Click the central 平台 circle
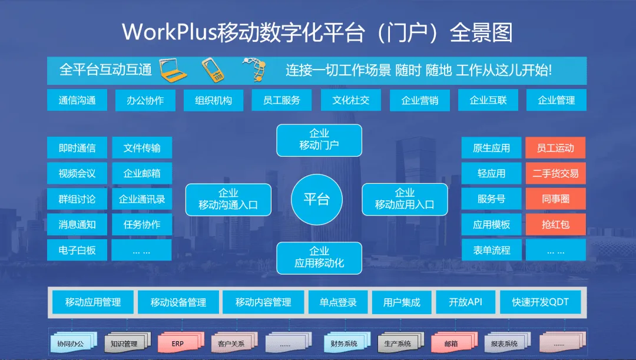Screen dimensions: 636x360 316,199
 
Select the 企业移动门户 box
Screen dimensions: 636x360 319,140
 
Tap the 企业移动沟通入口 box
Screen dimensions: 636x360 228,199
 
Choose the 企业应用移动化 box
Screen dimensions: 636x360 319,258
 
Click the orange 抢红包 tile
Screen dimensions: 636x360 556,224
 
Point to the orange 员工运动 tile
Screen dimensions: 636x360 556,148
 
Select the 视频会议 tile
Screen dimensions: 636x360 77,173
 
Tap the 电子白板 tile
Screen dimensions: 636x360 77,250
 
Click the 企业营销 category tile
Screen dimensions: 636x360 420,100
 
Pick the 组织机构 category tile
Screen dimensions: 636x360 213,100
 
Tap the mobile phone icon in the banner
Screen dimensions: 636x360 213,70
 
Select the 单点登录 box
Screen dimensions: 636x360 338,302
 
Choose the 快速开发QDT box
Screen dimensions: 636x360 540,302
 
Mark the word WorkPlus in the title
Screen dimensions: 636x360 170,32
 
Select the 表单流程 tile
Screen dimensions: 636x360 492,250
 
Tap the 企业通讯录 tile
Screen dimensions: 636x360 142,199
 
